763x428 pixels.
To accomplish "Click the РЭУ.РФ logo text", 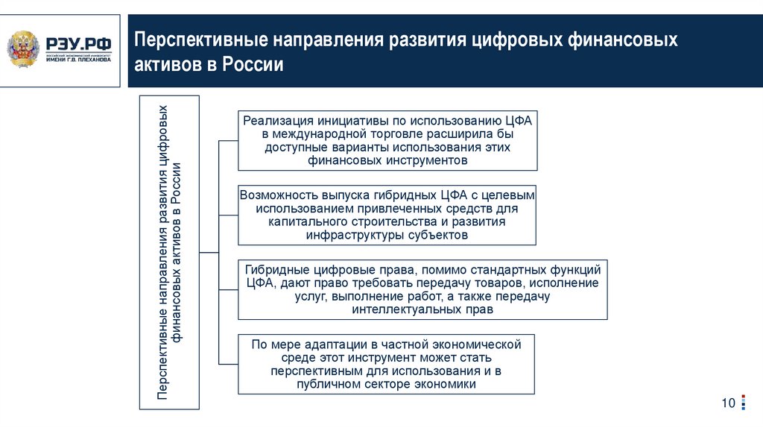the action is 79,43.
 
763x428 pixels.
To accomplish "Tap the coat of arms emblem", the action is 25,49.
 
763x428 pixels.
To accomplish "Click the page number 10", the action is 727,403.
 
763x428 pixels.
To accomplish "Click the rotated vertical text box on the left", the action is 169,252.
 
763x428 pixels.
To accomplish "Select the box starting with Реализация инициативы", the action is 386,140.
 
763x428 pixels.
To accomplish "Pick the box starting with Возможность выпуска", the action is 386,215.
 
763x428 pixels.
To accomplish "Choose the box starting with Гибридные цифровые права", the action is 422,289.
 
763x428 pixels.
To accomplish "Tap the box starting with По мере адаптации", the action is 386,364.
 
